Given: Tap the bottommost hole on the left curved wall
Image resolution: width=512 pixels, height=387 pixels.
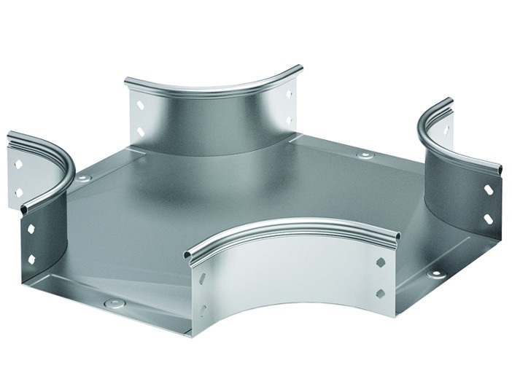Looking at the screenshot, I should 31,257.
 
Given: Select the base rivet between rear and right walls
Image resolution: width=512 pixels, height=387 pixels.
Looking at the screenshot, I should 361,156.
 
